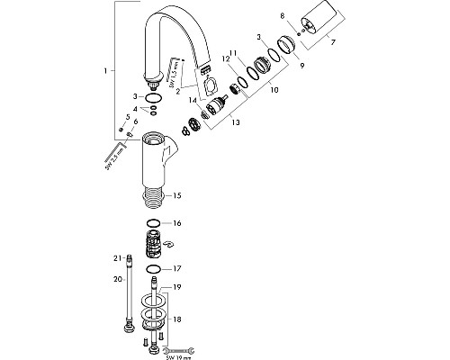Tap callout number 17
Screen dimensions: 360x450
(177, 268)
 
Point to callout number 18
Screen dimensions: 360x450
(176, 319)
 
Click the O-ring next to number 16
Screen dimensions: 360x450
(154, 222)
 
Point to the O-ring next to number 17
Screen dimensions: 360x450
(154, 269)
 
